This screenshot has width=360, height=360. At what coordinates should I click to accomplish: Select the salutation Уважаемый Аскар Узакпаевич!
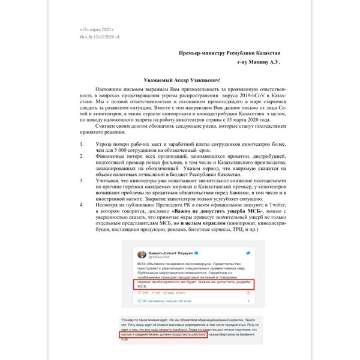[177, 80]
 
